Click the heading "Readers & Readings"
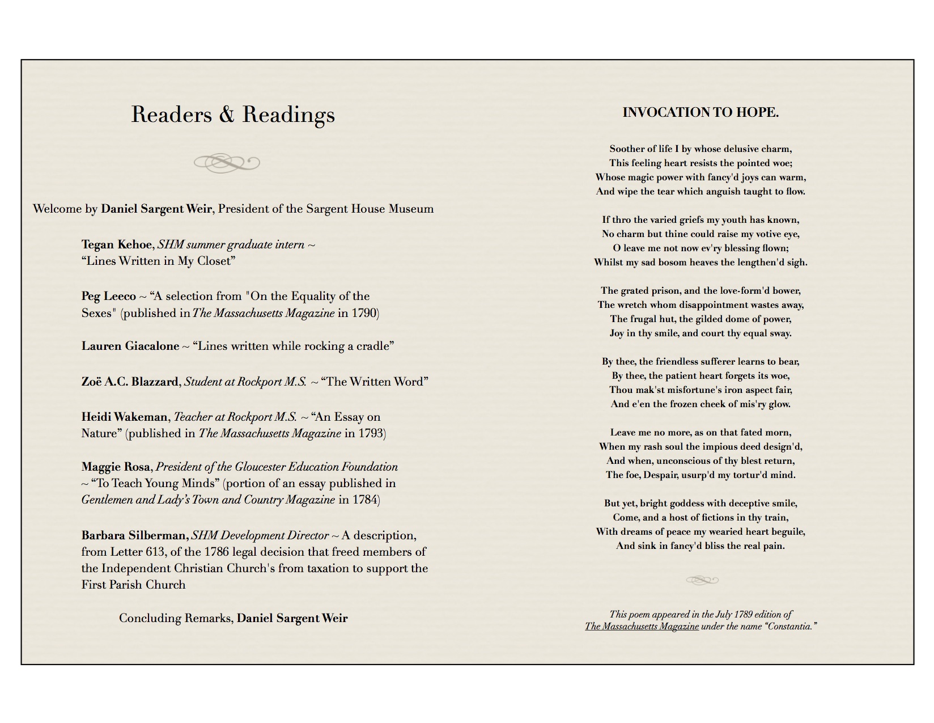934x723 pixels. coord(233,115)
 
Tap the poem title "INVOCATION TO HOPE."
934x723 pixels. coord(700,112)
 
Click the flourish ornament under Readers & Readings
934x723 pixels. coord(227,163)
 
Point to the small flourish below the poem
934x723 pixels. coord(702,580)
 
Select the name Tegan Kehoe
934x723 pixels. coord(117,244)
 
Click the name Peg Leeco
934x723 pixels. coord(108,296)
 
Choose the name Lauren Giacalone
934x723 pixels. coord(130,346)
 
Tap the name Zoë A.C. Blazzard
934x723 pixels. coord(130,382)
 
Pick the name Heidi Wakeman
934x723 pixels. coord(124,417)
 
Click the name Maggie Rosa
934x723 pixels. coord(116,467)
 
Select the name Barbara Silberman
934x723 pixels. coord(134,535)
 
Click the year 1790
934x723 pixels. coord(364,313)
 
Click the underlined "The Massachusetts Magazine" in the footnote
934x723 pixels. coord(642,626)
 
